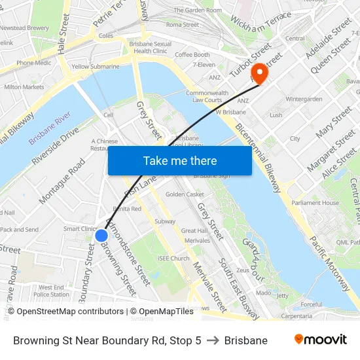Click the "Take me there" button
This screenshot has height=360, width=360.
point(179,160)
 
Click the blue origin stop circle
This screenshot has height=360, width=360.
point(101,235)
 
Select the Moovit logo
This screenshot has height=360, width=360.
point(320,340)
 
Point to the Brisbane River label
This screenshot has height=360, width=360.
point(50,132)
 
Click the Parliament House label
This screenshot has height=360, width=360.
point(315,203)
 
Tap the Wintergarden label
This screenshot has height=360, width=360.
point(304,99)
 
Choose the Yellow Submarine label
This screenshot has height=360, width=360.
point(96,67)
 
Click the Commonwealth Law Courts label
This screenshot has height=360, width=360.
point(207,96)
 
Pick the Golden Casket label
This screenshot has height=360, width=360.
point(185,194)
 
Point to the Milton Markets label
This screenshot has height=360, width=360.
point(24,87)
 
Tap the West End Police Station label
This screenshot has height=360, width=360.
point(51,291)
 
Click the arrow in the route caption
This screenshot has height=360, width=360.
point(212,340)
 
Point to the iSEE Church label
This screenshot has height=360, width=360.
point(173,259)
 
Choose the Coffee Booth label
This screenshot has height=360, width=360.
point(192,55)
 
